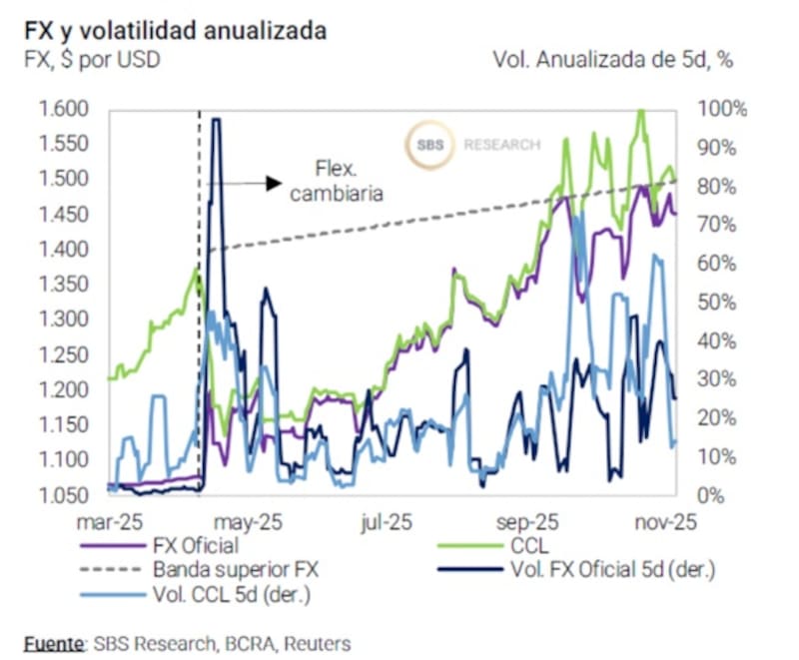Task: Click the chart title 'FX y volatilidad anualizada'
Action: click(176, 31)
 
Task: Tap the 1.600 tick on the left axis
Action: click(63, 109)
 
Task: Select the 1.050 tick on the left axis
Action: click(63, 495)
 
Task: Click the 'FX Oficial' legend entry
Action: click(196, 546)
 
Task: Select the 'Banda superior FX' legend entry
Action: click(235, 570)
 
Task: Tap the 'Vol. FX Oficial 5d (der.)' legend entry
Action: click(613, 570)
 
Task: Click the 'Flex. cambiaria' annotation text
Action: click(336, 180)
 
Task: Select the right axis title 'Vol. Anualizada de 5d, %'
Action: click(613, 60)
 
